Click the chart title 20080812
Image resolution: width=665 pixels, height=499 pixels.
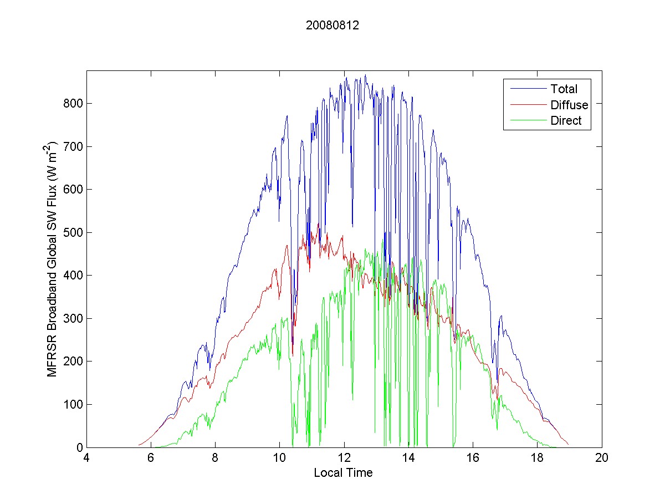[332, 25]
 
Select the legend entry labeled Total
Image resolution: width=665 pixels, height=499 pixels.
[564, 89]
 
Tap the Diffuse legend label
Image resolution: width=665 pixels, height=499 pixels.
[569, 105]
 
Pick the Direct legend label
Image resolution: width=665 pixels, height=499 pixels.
[566, 121]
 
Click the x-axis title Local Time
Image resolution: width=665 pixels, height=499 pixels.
[343, 473]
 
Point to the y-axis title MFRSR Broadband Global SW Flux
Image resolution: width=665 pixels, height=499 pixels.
[53, 259]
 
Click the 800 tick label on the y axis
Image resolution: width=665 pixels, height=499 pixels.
[73, 104]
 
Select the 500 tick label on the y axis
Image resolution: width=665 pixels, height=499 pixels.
[73, 232]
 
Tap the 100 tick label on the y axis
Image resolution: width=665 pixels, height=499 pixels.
[73, 404]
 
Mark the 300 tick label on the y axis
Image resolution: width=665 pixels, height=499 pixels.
[73, 318]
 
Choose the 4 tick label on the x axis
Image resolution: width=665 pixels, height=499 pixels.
[86, 458]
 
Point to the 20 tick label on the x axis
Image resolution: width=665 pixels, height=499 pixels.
[602, 458]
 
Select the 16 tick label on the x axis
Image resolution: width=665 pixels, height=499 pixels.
[473, 458]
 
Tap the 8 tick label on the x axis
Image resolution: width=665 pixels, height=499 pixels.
[215, 458]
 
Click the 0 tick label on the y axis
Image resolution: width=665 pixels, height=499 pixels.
[79, 447]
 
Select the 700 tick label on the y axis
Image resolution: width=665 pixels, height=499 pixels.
[73, 146]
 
